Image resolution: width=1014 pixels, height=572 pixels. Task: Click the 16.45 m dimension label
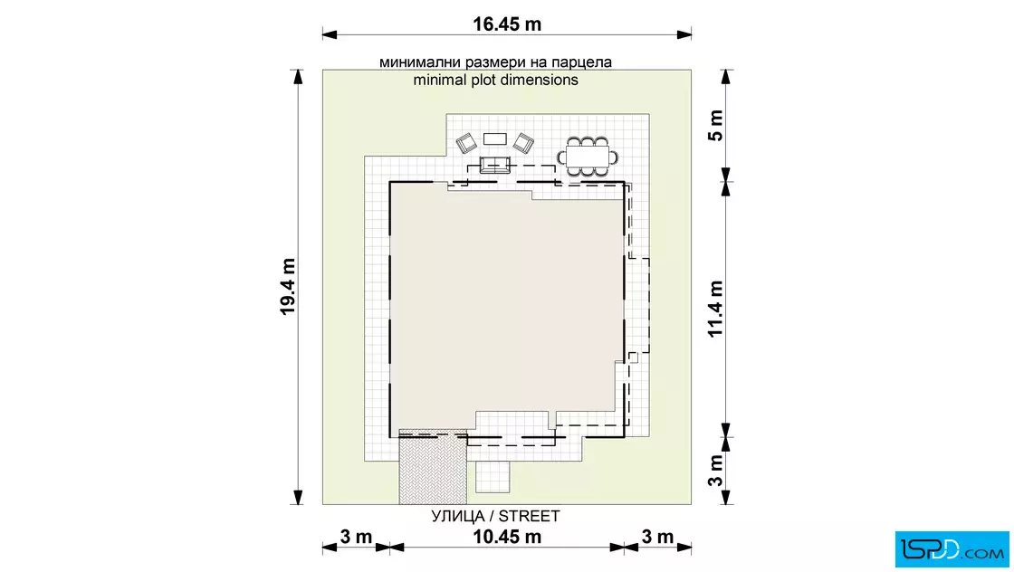[x=506, y=24]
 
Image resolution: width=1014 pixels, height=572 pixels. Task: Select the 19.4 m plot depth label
[x=288, y=286]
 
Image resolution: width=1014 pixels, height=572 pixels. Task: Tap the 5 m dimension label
[x=715, y=126]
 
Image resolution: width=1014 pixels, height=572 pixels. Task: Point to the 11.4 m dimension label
[x=715, y=309]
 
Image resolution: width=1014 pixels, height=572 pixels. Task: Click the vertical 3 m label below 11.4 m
[x=715, y=470]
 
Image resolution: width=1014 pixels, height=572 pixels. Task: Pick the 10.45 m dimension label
[x=507, y=537]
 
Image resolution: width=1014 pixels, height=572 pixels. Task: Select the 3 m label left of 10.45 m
[x=357, y=537]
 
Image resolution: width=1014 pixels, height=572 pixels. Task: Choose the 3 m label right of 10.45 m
[x=657, y=537]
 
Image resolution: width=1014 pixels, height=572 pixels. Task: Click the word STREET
[x=529, y=516]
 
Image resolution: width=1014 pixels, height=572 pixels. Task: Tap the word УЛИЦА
[x=458, y=516]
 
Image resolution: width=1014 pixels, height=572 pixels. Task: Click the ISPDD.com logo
[x=952, y=549]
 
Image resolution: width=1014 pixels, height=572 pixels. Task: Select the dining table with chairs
[x=588, y=157]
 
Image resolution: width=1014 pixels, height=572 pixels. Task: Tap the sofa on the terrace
[x=494, y=165]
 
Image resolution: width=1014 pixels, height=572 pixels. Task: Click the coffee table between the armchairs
[x=494, y=139]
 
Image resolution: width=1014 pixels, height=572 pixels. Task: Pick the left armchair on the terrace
[x=466, y=144]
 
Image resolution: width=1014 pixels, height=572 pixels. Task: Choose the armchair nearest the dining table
[x=523, y=144]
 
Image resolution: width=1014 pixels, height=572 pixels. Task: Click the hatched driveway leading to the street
[x=433, y=467]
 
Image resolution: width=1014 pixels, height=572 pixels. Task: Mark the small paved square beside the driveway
[x=493, y=477]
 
